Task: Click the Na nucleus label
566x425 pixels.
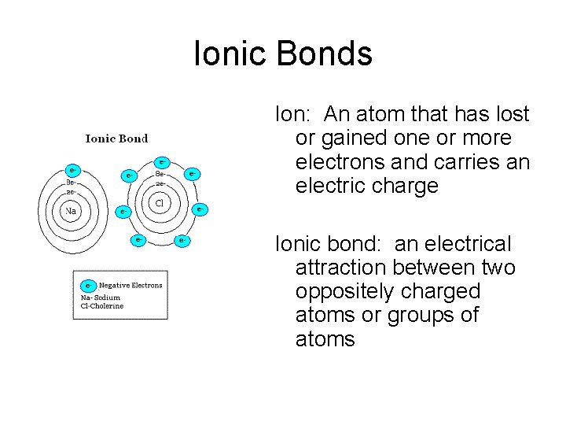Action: click(x=71, y=211)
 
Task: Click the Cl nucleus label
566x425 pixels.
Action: click(x=160, y=202)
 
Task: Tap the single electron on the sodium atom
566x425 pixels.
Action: click(x=72, y=169)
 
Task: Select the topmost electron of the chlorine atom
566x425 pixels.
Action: click(x=163, y=163)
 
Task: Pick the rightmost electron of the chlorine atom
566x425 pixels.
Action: click(x=200, y=209)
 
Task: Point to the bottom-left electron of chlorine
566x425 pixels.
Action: click(x=138, y=238)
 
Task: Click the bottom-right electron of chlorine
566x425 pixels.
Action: click(x=182, y=239)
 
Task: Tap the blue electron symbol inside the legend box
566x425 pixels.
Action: click(x=89, y=286)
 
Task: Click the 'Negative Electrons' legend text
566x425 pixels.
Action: click(x=130, y=286)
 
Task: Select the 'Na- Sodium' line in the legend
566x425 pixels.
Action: click(x=101, y=297)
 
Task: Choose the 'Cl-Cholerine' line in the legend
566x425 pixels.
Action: click(x=102, y=306)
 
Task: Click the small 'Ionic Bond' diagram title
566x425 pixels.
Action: click(x=116, y=139)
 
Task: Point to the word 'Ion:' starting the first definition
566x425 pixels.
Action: click(x=295, y=115)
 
